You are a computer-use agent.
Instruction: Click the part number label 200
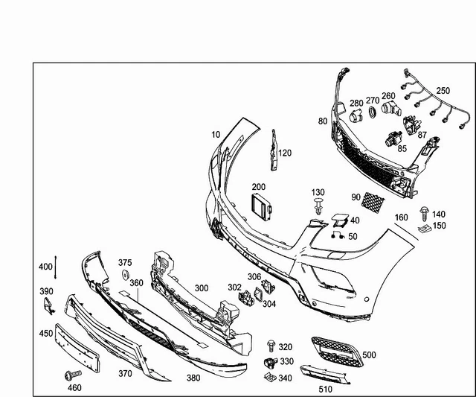tap(258, 187)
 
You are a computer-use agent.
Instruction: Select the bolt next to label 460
tap(72, 372)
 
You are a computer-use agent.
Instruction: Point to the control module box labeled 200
tap(261, 206)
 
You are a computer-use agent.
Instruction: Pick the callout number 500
tap(369, 355)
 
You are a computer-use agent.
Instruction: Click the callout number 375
tap(125, 262)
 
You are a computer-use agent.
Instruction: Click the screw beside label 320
tap(271, 346)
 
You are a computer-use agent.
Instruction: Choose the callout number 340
tap(285, 378)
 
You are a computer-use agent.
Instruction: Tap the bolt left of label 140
tap(424, 213)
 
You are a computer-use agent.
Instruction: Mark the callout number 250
tap(443, 91)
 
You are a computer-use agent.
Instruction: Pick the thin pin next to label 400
tap(56, 265)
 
